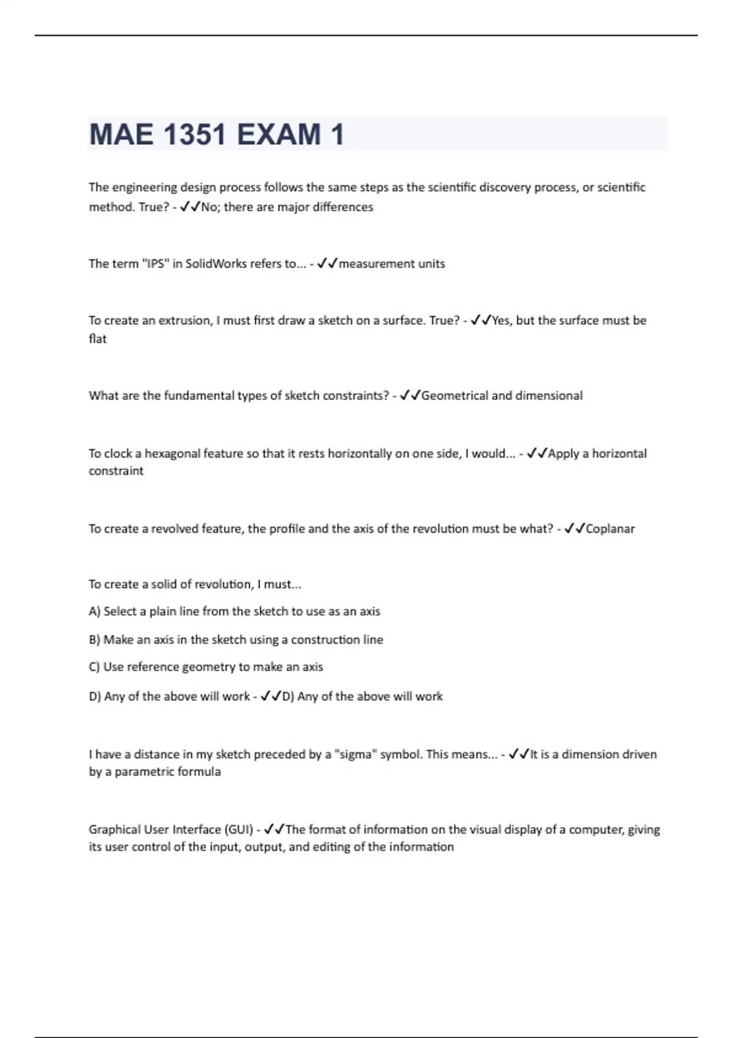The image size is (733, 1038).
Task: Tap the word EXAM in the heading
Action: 279,134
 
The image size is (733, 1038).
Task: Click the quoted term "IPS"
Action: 155,264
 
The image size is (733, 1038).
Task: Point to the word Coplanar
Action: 610,529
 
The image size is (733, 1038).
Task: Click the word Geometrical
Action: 454,396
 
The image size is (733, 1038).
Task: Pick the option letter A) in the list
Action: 95,611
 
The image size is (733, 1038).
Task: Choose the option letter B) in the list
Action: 95,640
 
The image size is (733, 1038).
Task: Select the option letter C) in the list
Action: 95,667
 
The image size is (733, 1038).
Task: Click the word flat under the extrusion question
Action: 98,339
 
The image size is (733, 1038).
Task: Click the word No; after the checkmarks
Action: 211,207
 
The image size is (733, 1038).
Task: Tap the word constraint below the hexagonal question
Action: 116,471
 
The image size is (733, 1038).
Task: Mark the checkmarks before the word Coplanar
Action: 575,529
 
